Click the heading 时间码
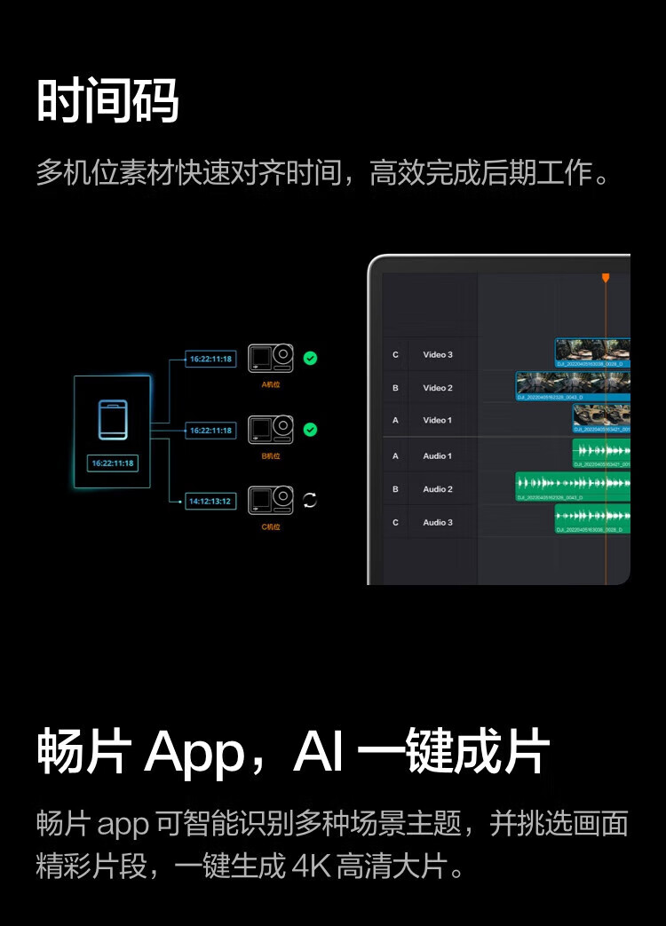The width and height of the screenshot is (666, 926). tap(107, 100)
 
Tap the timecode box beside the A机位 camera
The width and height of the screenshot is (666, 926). tap(210, 359)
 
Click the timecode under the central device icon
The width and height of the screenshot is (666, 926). tap(113, 463)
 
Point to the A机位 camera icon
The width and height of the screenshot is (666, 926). tap(271, 358)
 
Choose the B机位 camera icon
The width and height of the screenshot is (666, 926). tap(271, 430)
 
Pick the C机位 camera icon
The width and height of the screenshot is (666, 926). tap(271, 501)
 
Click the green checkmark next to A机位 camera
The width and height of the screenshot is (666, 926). tap(310, 359)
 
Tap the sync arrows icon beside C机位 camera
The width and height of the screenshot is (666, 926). tap(310, 501)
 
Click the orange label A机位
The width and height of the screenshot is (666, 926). tap(271, 385)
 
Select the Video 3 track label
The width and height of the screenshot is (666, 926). tap(438, 355)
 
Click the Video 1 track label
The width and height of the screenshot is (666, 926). tap(438, 420)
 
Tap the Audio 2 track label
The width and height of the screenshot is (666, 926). tap(438, 489)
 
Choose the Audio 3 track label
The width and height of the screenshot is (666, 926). tap(438, 522)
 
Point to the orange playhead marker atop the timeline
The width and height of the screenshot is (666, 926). tap(606, 278)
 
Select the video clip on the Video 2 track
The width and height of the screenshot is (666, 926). tap(573, 384)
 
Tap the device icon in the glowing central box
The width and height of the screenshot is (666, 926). tap(113, 419)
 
